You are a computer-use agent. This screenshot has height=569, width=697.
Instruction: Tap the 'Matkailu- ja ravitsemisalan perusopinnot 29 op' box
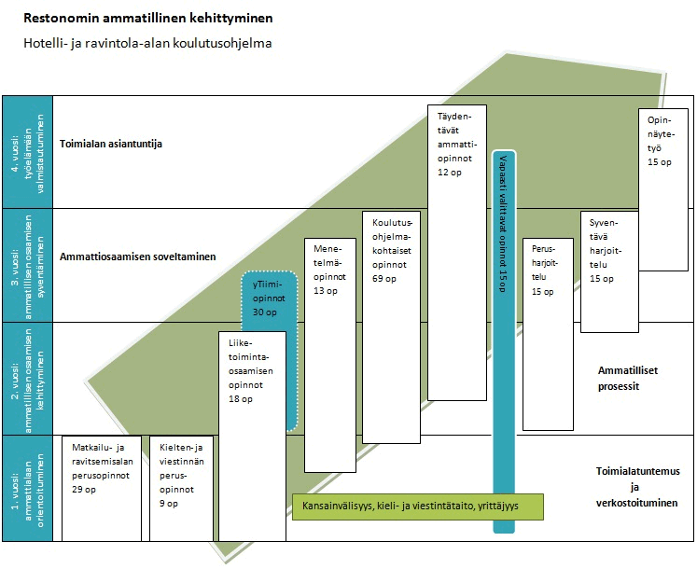pos(101,487)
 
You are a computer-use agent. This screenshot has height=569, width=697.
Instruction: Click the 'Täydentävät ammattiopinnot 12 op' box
pos(455,252)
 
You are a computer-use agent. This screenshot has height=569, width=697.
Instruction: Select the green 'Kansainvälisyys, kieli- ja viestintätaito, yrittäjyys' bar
pos(418,507)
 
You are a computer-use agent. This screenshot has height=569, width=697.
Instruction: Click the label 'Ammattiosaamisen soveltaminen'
pos(136,257)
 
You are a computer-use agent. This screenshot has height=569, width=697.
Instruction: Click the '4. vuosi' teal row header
pos(27,152)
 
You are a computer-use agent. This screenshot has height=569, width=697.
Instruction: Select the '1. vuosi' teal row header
pos(27,488)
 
